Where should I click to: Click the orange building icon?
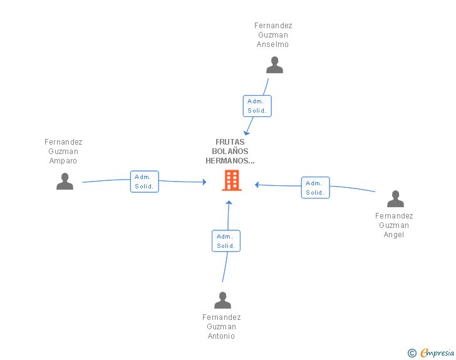[232, 180]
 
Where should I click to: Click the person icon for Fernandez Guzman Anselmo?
[274, 65]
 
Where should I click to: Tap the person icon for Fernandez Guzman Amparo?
[65, 181]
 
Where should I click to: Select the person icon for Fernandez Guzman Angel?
[395, 199]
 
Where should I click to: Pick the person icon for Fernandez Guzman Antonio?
[222, 300]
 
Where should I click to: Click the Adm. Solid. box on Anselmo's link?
[257, 106]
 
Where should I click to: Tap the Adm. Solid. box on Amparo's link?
[145, 182]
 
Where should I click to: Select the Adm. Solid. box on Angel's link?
[316, 188]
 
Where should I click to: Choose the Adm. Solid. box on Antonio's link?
[226, 241]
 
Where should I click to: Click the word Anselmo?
[272, 44]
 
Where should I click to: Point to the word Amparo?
[63, 161]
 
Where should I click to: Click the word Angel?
[394, 235]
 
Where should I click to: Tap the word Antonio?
[221, 336]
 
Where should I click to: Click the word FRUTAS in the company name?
[230, 142]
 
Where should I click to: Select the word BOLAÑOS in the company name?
[230, 152]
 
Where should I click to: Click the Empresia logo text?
[437, 353]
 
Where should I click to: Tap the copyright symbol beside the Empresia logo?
[412, 353]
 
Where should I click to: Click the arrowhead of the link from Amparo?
[204, 182]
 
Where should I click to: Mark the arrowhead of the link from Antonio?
[229, 202]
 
